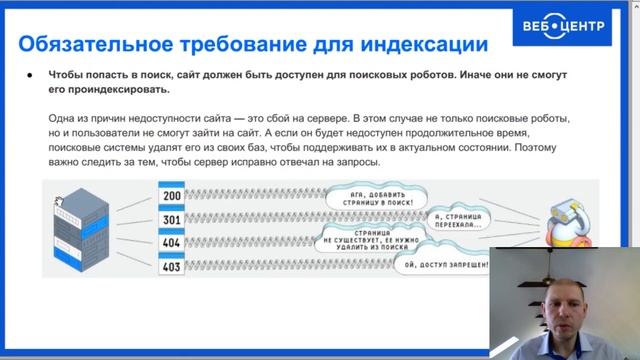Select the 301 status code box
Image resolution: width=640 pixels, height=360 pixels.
pyautogui.click(x=172, y=220)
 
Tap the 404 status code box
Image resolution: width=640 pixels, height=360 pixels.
pyautogui.click(x=172, y=243)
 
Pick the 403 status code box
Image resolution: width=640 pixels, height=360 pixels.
pyautogui.click(x=172, y=266)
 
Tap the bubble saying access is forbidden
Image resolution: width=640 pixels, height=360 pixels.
pyautogui.click(x=447, y=265)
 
